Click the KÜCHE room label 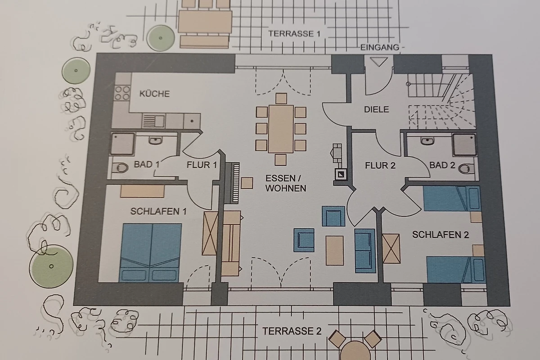tap(154, 94)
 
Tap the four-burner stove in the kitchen tap(122, 93)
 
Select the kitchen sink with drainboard tap(153, 121)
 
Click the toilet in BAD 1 tap(120, 167)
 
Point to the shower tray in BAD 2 tap(464, 144)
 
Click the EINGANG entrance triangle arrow tap(379, 62)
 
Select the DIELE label tap(376, 109)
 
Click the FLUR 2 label tap(380, 166)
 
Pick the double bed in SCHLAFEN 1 tap(150, 252)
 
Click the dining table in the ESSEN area tap(281, 129)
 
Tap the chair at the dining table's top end tap(281, 99)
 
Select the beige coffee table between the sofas tap(335, 251)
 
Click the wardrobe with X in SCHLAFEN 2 tap(391, 248)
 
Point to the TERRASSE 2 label tap(292, 331)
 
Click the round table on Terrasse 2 tap(355, 351)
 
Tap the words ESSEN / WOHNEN tap(286, 183)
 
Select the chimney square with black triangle tap(341, 174)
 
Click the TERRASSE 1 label tap(294, 33)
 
